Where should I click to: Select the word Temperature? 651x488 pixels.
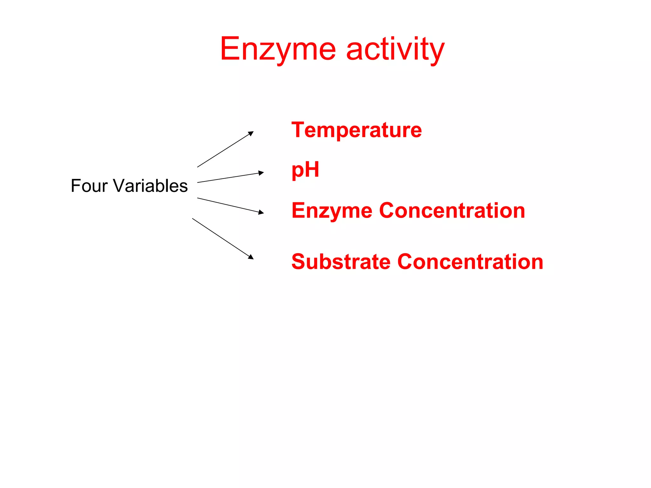tap(356, 130)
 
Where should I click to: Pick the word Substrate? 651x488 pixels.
tap(340, 262)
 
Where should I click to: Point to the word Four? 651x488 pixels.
tap(89, 186)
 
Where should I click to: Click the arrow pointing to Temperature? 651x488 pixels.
tap(225, 149)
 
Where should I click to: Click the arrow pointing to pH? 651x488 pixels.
tap(230, 178)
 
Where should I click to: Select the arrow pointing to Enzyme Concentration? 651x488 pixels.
tap(230, 206)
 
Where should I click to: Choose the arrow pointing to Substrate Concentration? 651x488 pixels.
tap(223, 238)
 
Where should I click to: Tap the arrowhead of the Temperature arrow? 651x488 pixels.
tap(251, 133)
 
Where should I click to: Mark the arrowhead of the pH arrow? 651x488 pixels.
tap(261, 173)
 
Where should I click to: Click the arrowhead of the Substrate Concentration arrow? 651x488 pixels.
tap(251, 257)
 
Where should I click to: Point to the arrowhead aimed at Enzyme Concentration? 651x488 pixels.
tap(261, 212)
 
